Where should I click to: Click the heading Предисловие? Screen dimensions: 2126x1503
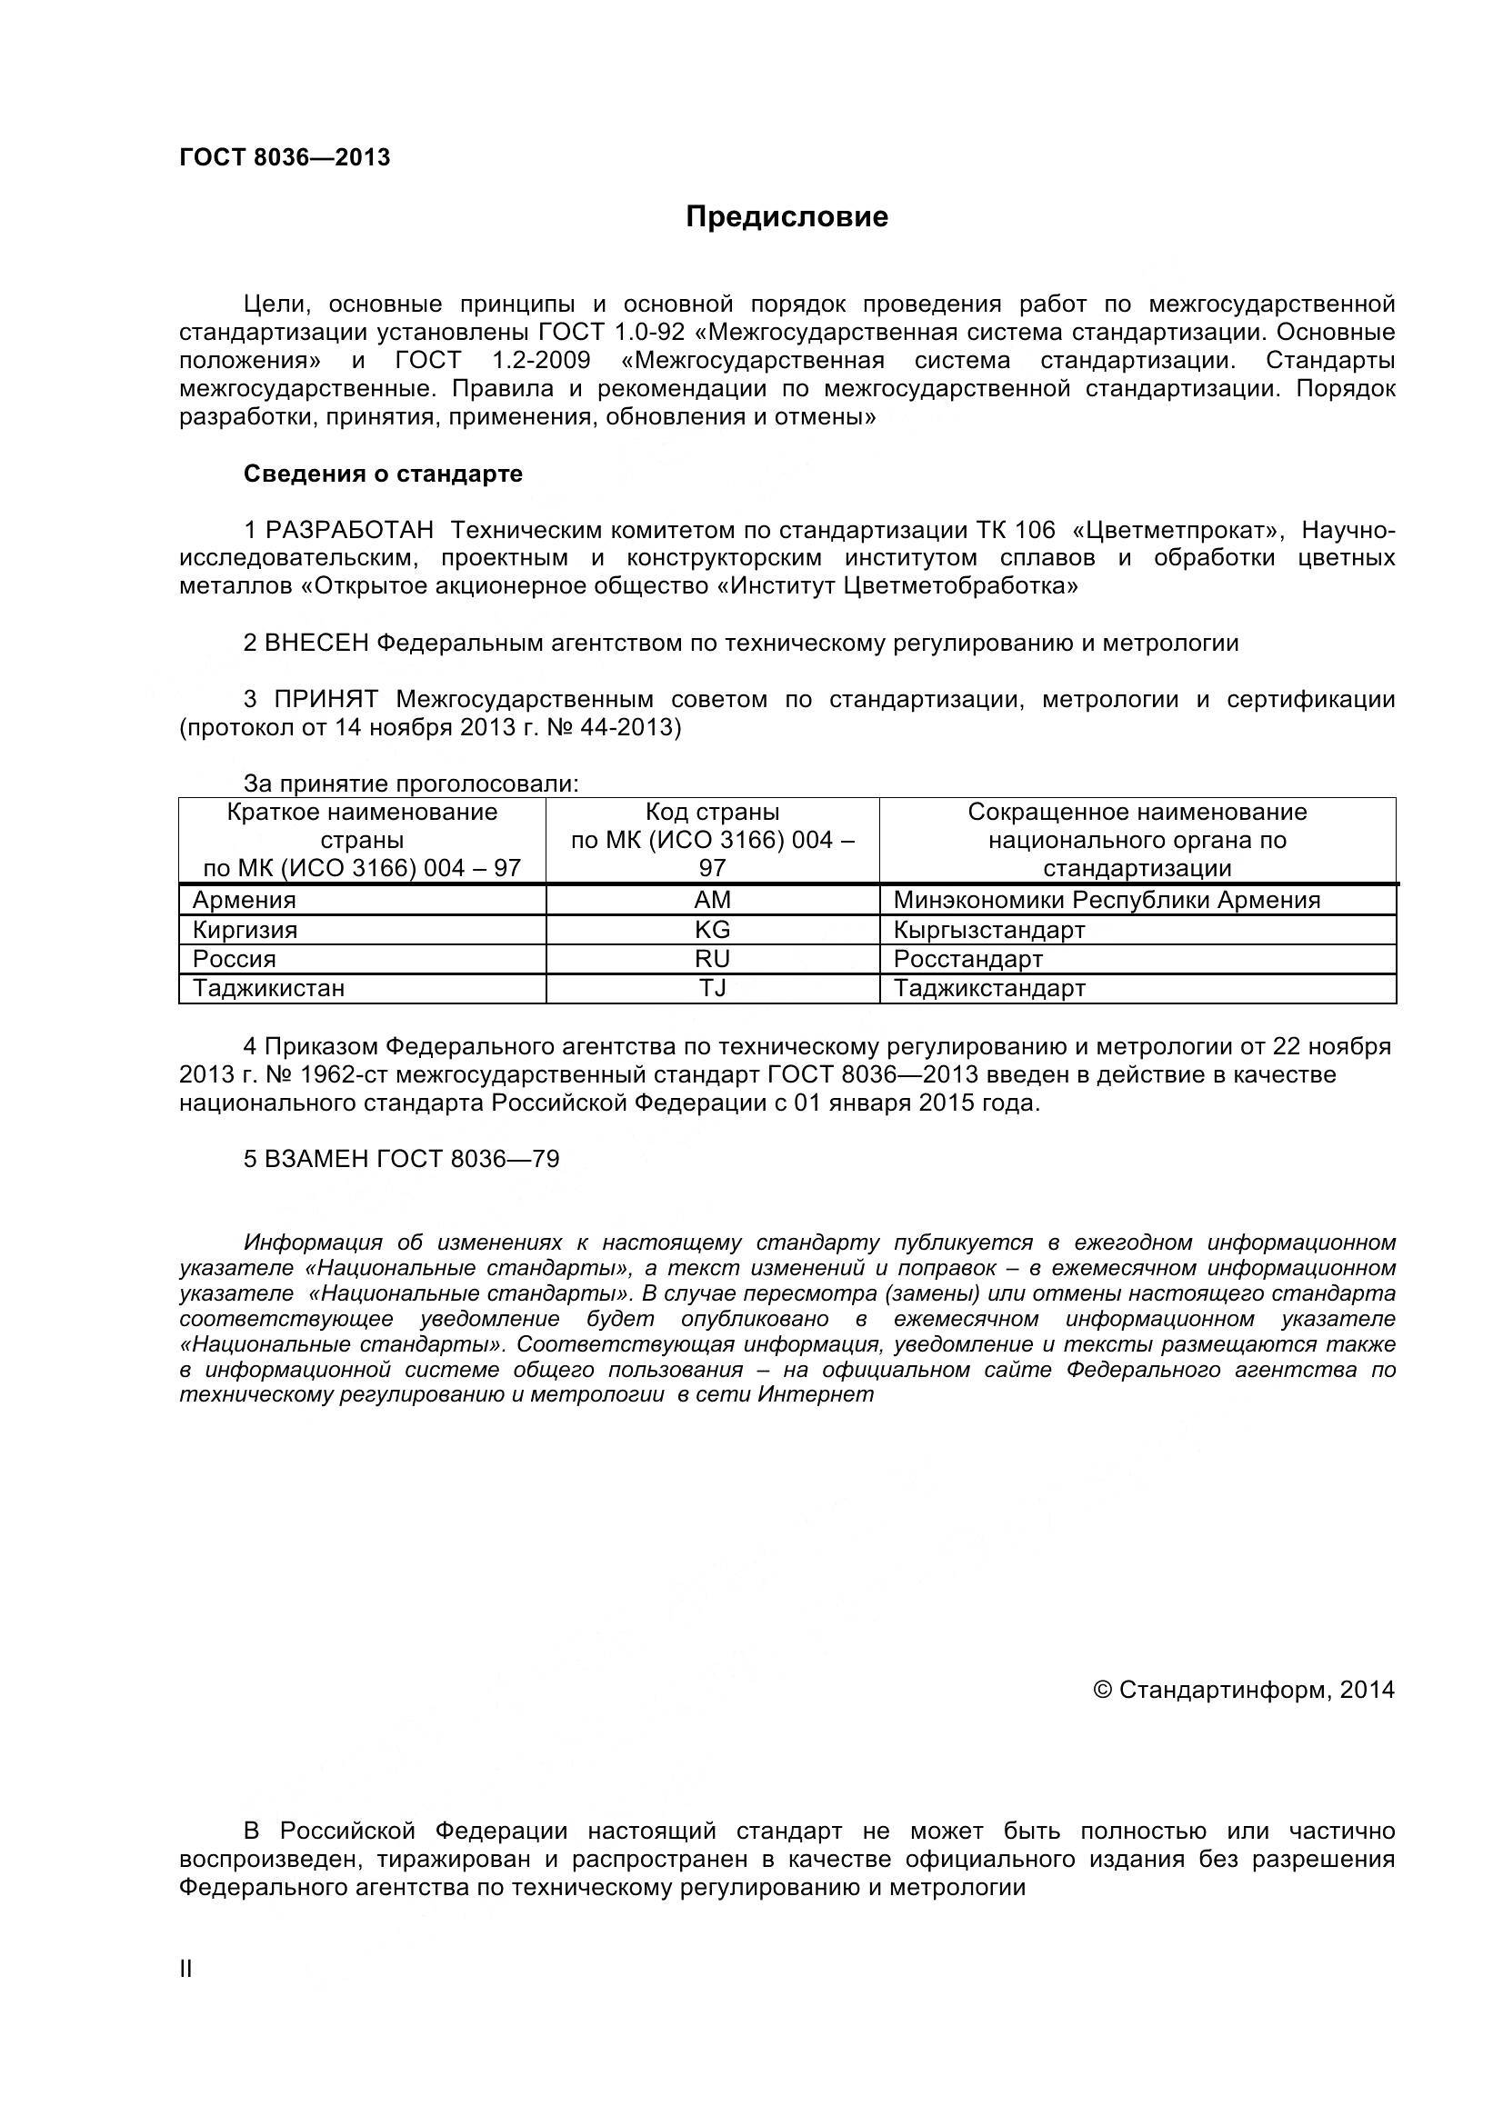tap(787, 216)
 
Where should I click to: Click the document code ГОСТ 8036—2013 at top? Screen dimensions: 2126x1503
tap(285, 157)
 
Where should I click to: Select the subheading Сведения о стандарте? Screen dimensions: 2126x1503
tap(383, 474)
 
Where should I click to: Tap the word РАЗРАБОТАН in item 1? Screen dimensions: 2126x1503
tap(349, 531)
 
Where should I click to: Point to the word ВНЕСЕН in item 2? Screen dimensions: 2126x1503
tap(316, 644)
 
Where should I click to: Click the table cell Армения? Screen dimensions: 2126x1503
tap(244, 900)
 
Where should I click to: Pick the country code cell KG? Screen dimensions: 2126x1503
tap(712, 930)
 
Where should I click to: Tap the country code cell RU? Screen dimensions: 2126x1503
tap(712, 959)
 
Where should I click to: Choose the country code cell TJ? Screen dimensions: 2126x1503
tap(712, 988)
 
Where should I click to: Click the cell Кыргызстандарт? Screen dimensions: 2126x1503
tap(988, 930)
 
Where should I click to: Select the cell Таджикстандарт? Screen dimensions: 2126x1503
tap(988, 988)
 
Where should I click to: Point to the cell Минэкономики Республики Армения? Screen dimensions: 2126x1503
tap(1106, 900)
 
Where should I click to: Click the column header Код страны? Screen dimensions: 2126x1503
tap(712, 813)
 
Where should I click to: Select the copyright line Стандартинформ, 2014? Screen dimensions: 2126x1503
tap(1243, 1690)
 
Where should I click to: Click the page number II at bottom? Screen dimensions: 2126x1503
tap(185, 1970)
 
